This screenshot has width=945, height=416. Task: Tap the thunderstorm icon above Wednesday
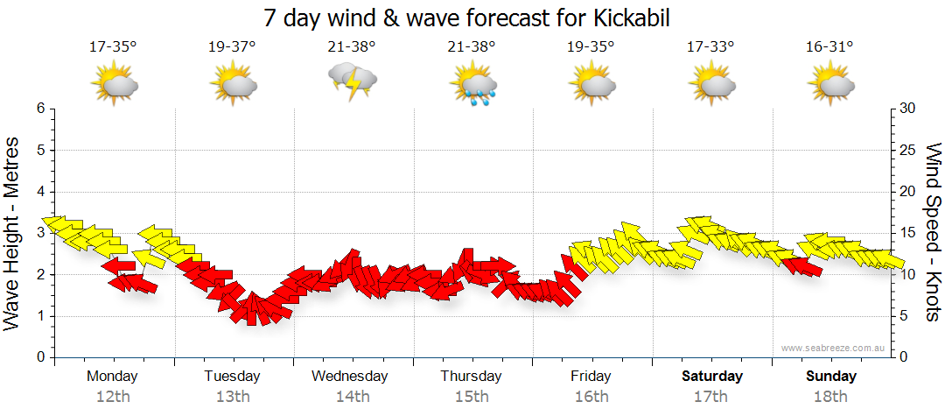point(352,81)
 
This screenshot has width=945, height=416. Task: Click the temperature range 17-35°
point(113,47)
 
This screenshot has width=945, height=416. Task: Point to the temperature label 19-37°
point(233,47)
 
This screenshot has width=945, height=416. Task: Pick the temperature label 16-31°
point(829,47)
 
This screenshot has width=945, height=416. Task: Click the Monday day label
point(112,377)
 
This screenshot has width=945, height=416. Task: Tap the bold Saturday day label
point(712,377)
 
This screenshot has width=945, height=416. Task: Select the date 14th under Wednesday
point(352,396)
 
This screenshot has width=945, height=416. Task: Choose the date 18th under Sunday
point(830,396)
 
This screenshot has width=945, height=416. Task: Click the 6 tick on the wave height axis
point(39,109)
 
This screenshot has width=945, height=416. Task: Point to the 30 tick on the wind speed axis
point(906,109)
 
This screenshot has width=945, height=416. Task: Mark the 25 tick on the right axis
point(906,151)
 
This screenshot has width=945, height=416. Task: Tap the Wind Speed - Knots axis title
point(932,233)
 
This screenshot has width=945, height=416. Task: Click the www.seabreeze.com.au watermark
point(834,348)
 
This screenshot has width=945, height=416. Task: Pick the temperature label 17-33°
point(710,47)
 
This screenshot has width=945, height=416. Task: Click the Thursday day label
point(471,377)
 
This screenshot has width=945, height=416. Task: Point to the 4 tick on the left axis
point(39,192)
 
